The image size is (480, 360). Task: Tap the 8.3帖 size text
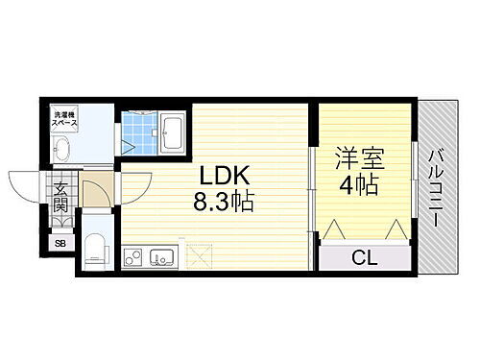227,203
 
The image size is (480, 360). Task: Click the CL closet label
362,256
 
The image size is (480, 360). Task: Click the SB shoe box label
60,243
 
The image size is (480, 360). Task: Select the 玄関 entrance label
60,196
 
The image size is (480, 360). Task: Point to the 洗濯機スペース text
64,121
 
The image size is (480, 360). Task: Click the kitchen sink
161,257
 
